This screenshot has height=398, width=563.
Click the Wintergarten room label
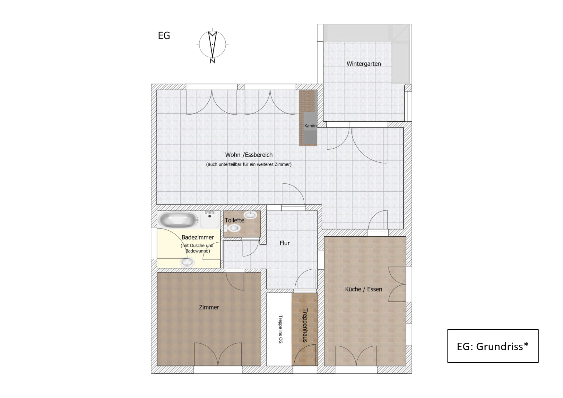tap(364, 64)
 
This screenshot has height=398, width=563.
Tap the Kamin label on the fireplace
tap(310, 126)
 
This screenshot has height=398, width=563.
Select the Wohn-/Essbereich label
tap(249, 155)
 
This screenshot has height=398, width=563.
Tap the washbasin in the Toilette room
tap(250, 215)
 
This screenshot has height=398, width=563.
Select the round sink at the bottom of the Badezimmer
tap(187, 263)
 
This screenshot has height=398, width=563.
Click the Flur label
tap(285, 243)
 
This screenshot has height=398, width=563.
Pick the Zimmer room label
tap(209, 307)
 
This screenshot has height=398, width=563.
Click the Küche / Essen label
tap(364, 289)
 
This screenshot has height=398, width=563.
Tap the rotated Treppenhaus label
tap(305, 325)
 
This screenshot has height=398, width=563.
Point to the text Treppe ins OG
tap(281, 329)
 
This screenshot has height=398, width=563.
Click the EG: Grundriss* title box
tap(493, 346)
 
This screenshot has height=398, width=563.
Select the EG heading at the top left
tap(164, 36)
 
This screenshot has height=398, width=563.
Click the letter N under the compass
tap(212, 61)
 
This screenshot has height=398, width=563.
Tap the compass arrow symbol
tap(212, 44)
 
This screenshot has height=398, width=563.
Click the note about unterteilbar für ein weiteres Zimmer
tap(249, 164)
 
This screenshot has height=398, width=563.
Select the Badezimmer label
tap(198, 237)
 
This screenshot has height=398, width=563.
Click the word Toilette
tap(234, 220)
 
